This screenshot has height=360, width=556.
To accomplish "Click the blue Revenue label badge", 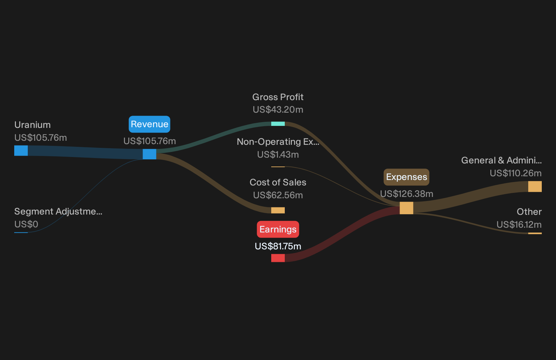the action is [x=149, y=124].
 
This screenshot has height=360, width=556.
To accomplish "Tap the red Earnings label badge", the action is [x=278, y=229].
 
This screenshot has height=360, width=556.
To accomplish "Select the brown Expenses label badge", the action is [x=406, y=177].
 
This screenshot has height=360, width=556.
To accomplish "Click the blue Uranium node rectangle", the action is [x=21, y=151].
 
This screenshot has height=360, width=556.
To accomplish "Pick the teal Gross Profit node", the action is [x=278, y=124].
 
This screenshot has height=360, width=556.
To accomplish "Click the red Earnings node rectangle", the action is [x=278, y=258].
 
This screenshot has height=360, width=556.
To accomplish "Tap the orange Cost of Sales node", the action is [x=278, y=210].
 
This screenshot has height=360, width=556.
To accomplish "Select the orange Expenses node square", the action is [x=406, y=208].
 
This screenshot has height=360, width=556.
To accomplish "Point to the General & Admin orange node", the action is [x=535, y=186].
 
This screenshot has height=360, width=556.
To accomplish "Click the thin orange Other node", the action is [x=535, y=233].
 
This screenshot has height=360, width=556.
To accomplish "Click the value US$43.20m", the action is [x=278, y=110].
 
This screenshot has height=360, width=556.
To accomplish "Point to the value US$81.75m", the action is [x=278, y=246].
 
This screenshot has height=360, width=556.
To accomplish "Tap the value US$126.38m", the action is [x=406, y=194].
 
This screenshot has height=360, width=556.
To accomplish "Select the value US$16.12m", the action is [x=519, y=225].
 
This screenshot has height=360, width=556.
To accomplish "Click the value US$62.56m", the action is [x=278, y=195].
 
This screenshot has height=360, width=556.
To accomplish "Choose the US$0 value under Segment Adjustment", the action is [x=26, y=224].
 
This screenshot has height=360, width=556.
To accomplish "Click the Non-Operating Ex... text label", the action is [x=278, y=142].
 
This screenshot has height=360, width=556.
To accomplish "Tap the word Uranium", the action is [x=32, y=125].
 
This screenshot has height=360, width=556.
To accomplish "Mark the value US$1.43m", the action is [x=278, y=155].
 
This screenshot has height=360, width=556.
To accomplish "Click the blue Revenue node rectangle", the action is [x=149, y=154].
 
